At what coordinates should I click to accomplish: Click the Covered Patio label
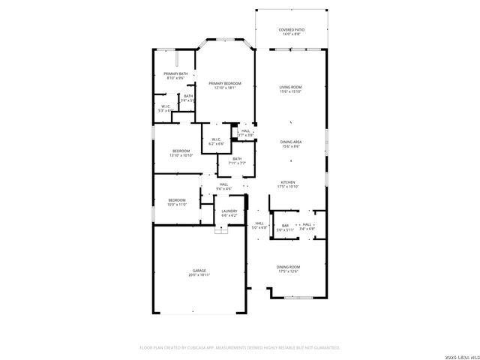pos(291,30)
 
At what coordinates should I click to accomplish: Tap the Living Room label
pos(291,88)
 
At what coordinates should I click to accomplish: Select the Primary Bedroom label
pos(225,83)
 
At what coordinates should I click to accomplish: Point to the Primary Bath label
pos(175,73)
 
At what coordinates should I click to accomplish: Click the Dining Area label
pos(291,142)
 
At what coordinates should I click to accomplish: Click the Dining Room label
pos(289,267)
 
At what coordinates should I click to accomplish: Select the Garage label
pos(199,271)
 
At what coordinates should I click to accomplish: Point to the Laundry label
pos(229,211)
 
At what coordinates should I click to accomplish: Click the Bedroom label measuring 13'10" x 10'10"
pos(180,151)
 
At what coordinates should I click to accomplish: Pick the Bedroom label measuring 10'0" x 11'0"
pos(176,200)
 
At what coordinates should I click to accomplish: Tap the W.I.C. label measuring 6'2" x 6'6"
pos(215,139)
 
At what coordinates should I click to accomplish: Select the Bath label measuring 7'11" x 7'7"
pos(237,158)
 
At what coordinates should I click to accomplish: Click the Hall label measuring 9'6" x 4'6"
pos(223,184)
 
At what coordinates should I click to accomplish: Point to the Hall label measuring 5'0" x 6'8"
pos(259,223)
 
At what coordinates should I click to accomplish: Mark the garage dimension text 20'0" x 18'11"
pos(199,275)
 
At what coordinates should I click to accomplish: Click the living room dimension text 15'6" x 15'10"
pos(291,92)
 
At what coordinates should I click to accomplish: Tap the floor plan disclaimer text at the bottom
pos(240,348)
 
